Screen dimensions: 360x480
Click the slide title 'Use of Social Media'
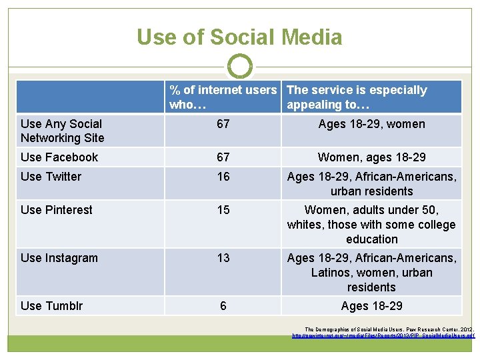(239, 37)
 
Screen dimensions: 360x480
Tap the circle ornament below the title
(240, 67)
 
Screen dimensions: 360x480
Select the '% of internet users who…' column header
(223, 97)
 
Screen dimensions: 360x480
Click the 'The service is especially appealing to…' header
(357, 97)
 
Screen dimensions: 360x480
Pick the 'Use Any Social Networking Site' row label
(63, 131)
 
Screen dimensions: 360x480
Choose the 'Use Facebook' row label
(59, 157)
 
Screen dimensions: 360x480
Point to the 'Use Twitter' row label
(51, 177)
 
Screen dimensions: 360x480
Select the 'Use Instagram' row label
(59, 258)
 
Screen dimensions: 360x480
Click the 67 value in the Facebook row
(223, 157)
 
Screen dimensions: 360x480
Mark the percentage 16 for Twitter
(223, 177)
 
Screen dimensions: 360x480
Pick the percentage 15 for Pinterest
(223, 210)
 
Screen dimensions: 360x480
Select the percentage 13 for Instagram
(223, 258)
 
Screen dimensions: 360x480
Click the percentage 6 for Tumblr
(223, 306)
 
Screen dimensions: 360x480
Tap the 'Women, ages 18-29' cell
(371, 157)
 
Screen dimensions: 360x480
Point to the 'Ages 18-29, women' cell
(371, 124)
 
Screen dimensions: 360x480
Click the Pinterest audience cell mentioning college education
(371, 225)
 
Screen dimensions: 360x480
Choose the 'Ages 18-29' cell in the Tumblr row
(371, 306)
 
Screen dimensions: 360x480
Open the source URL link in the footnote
(383, 335)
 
